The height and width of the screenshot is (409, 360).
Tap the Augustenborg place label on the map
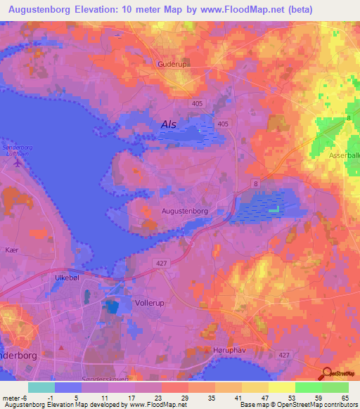tap(185, 210)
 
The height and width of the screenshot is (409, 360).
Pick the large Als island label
tap(169, 124)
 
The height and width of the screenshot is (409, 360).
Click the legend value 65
tap(345, 398)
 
